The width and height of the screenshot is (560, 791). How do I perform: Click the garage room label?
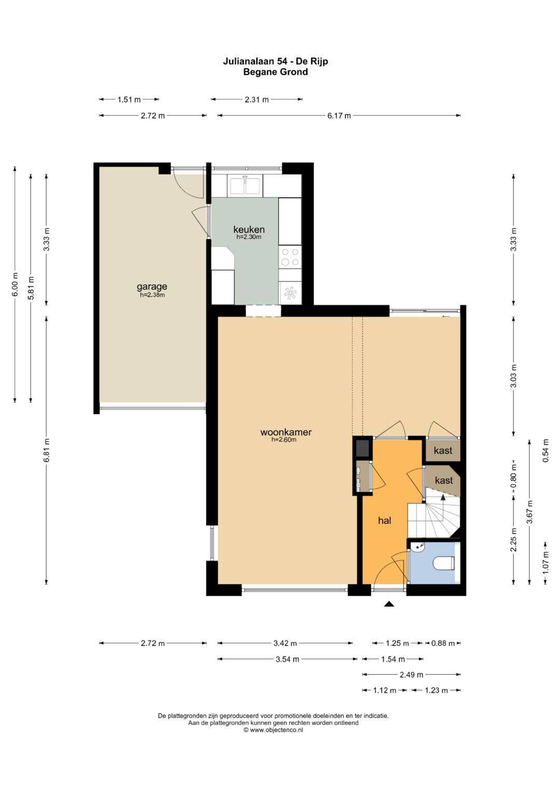[152, 287]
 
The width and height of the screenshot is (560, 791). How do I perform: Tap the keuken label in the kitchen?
[249, 229]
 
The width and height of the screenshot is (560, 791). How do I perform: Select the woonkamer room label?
[286, 432]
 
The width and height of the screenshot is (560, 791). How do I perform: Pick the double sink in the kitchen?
[246, 186]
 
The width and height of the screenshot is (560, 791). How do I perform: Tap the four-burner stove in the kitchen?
[290, 257]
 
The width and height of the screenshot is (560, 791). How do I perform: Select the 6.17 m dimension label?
[339, 116]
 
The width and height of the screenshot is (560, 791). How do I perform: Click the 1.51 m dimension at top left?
[129, 99]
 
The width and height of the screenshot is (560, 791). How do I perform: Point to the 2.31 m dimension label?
[257, 99]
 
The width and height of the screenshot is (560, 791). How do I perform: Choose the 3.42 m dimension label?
[285, 643]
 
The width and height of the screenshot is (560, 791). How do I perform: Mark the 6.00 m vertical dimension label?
[15, 284]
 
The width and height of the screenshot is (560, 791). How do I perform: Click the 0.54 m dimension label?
[546, 451]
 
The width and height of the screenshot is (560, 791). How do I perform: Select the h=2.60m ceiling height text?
[284, 440]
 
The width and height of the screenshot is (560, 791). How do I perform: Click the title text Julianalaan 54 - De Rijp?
[275, 62]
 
